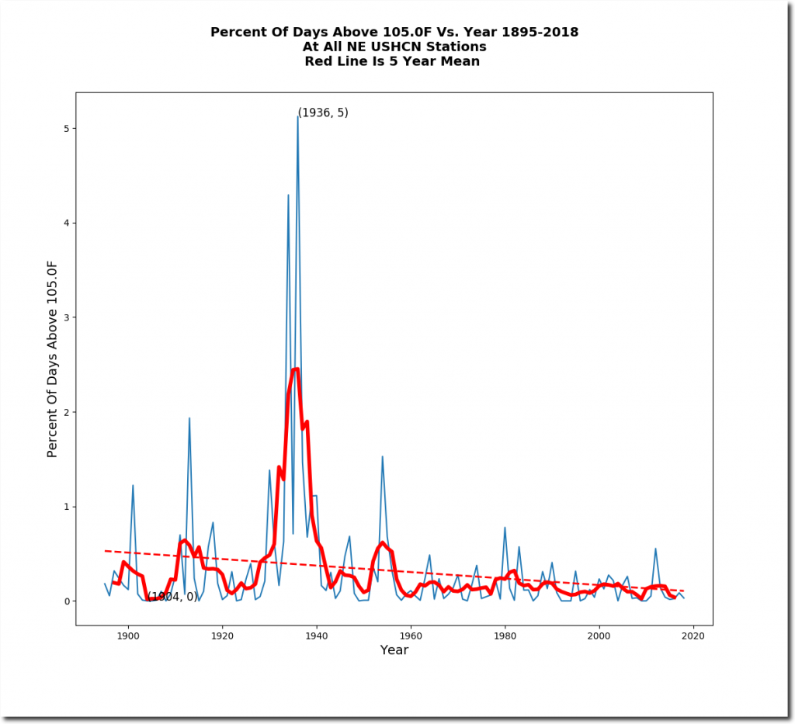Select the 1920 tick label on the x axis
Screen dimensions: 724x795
pyautogui.click(x=222, y=636)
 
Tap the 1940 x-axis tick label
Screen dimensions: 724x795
pyautogui.click(x=316, y=636)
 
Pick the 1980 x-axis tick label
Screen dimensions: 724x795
pyautogui.click(x=505, y=636)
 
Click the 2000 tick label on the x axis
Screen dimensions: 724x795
pyautogui.click(x=599, y=636)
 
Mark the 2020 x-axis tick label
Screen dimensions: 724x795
pyautogui.click(x=693, y=636)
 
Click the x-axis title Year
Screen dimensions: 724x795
pyautogui.click(x=394, y=650)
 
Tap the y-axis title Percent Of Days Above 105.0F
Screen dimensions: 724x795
pyautogui.click(x=53, y=359)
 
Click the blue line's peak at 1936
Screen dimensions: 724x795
pyautogui.click(x=297, y=116)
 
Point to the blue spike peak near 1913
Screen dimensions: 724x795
pyautogui.click(x=189, y=418)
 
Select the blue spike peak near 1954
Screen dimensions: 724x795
pyautogui.click(x=382, y=456)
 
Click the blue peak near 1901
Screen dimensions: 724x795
pyautogui.click(x=133, y=485)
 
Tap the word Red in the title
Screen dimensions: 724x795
pyautogui.click(x=319, y=61)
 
